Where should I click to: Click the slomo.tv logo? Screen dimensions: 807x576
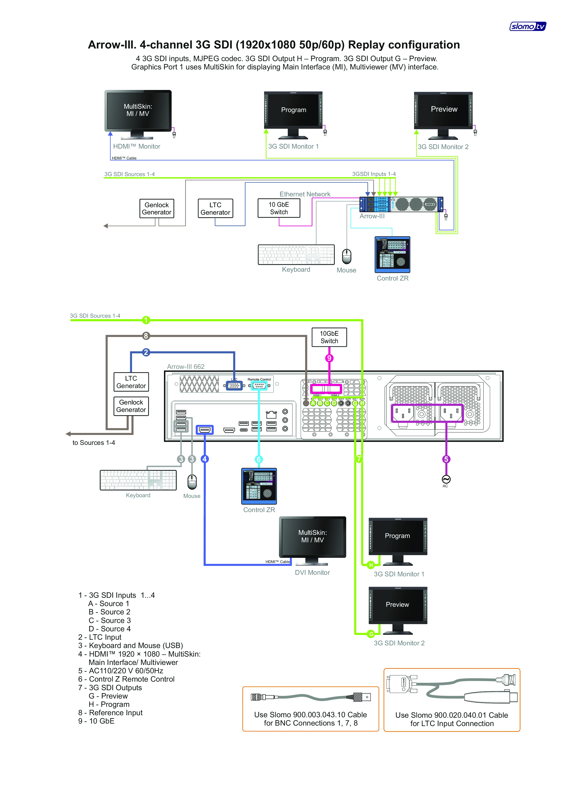click(528, 26)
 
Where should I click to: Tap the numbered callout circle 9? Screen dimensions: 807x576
click(329, 358)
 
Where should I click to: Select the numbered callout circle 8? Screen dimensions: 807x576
click(146, 336)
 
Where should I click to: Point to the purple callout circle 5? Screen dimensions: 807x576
click(446, 459)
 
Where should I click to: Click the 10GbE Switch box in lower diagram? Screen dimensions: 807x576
click(329, 337)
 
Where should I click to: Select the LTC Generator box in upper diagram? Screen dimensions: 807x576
click(215, 209)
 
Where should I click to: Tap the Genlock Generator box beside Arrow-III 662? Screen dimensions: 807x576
click(131, 406)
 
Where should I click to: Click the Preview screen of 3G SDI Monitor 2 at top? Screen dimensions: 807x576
click(444, 110)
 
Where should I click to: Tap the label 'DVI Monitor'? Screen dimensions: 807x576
click(312, 572)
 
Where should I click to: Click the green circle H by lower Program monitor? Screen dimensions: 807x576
click(371, 565)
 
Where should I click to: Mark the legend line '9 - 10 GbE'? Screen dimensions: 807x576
click(97, 721)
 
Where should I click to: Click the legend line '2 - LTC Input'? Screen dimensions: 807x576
click(100, 637)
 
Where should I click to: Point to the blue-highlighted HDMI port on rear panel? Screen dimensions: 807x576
click(205, 430)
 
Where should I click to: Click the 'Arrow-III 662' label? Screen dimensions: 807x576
click(186, 367)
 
